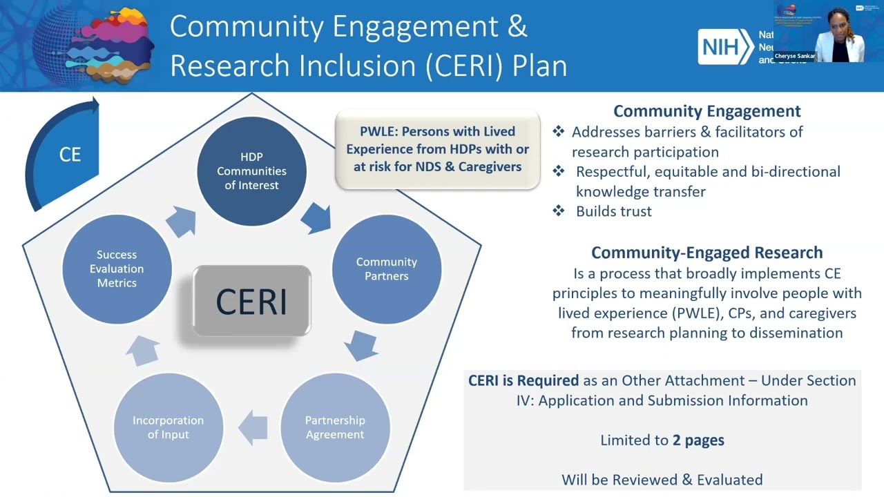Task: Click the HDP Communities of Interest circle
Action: [251, 171]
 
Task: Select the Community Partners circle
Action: [387, 269]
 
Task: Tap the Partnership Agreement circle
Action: [335, 427]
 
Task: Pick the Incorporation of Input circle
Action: [168, 427]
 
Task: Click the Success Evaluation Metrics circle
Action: [117, 269]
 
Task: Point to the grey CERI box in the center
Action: [251, 302]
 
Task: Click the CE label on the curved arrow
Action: [70, 155]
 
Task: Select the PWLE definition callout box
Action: [436, 149]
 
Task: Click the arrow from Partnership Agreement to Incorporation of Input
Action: [253, 427]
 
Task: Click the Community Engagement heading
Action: [707, 111]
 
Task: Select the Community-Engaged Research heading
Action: [707, 253]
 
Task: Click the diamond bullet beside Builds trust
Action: [559, 211]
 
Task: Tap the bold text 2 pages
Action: [698, 440]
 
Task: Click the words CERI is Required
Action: [523, 380]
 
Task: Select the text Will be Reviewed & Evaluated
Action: [662, 479]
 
